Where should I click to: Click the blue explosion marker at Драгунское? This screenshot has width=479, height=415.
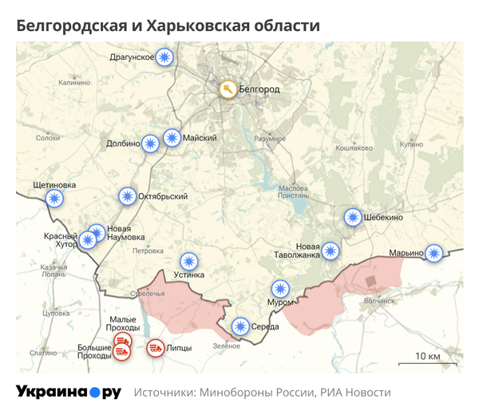pyautogui.click(x=165, y=57)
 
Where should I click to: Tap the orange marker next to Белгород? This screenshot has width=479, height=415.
pyautogui.click(x=228, y=89)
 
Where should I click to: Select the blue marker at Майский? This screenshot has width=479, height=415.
pyautogui.click(x=172, y=138)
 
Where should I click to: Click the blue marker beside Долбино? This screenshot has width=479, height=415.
pyautogui.click(x=150, y=144)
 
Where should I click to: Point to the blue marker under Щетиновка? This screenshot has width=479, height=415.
pyautogui.click(x=53, y=199)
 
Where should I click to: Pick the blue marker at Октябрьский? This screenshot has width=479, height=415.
pyautogui.click(x=127, y=196)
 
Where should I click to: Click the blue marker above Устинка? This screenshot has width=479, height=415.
pyautogui.click(x=188, y=260)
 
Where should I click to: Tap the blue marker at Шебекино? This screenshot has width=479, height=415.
pyautogui.click(x=353, y=217)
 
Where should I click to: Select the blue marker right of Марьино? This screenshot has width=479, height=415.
pyautogui.click(x=433, y=253)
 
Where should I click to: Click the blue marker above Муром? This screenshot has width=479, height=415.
pyautogui.click(x=280, y=289)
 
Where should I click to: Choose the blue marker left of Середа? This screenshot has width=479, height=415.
pyautogui.click(x=239, y=326)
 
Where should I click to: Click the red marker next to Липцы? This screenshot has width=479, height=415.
pyautogui.click(x=156, y=347)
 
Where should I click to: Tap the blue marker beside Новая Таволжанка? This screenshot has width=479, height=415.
pyautogui.click(x=330, y=251)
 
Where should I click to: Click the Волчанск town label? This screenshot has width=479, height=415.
pyautogui.click(x=379, y=301)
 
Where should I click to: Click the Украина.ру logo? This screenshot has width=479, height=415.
pyautogui.click(x=69, y=392)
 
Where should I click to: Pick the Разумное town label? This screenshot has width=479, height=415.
pyautogui.click(x=269, y=138)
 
